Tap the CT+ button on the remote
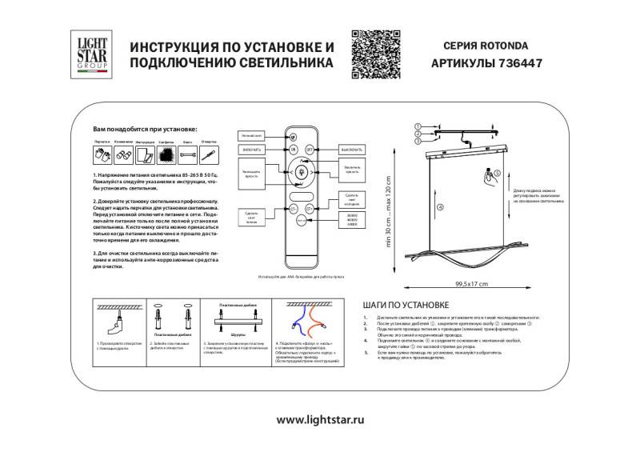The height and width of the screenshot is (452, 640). click(x=311, y=210)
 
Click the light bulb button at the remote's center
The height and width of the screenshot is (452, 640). click(x=302, y=171)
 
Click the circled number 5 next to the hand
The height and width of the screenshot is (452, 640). click(x=496, y=172)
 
